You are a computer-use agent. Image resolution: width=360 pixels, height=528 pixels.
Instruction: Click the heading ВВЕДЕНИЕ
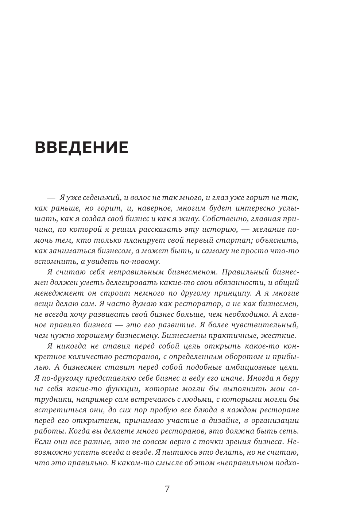tap(81, 147)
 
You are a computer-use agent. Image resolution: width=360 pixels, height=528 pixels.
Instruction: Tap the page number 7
tap(167, 489)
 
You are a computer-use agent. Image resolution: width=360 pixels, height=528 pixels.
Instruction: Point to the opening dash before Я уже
tap(51, 198)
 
